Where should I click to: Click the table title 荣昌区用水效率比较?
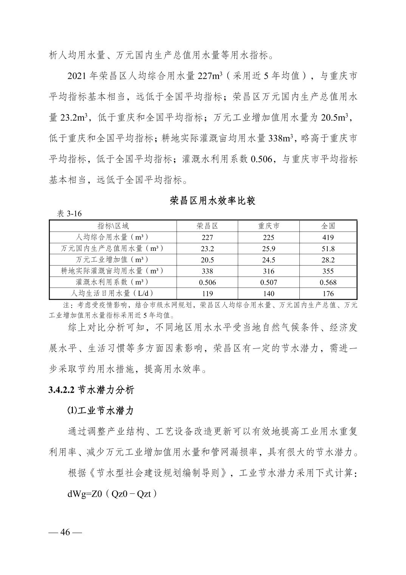point(212,200)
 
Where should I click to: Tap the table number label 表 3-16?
point(69,214)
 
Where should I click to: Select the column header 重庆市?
point(268,226)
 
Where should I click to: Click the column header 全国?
point(328,226)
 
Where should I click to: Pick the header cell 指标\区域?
point(113,226)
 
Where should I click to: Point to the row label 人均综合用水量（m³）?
point(113,238)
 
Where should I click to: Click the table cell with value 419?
point(328,238)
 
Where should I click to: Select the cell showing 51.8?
point(328,249)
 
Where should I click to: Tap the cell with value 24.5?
point(268,260)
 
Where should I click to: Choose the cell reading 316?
point(268,271)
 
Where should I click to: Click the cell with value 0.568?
point(328,282)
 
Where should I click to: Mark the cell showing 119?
point(207,294)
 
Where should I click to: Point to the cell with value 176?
point(328,294)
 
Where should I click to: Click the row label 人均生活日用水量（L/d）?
point(113,294)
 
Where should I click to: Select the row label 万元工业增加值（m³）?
point(113,260)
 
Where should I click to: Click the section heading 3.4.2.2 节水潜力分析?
point(91,390)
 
